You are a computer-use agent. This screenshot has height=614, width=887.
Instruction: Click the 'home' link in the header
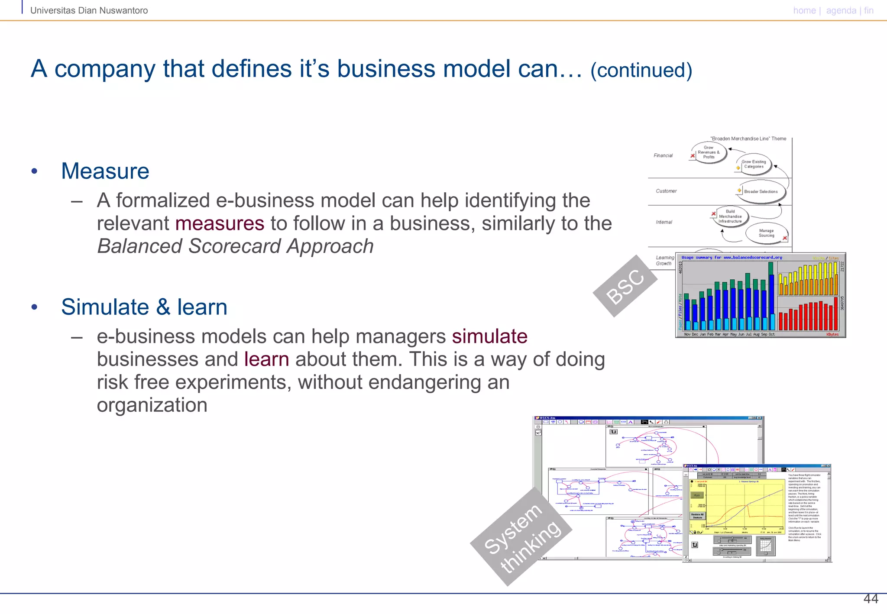click(x=804, y=10)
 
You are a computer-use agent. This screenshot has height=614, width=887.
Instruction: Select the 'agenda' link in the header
click(x=841, y=10)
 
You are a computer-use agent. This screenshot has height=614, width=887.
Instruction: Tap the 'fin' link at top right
click(x=868, y=10)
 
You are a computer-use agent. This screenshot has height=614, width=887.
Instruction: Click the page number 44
click(x=871, y=599)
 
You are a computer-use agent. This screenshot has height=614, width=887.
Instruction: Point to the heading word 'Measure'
click(x=105, y=171)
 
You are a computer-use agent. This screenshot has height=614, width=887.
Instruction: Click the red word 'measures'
click(x=220, y=223)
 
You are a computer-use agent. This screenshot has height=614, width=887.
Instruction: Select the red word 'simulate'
click(x=489, y=336)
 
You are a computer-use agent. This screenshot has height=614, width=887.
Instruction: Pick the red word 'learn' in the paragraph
click(x=266, y=359)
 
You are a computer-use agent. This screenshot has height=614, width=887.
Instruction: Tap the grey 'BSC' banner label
click(x=625, y=286)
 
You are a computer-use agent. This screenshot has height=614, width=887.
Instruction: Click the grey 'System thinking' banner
click(x=521, y=537)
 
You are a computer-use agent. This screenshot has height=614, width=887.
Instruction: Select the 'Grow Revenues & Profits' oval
click(x=709, y=152)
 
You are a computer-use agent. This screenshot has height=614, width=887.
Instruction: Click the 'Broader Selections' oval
click(x=761, y=191)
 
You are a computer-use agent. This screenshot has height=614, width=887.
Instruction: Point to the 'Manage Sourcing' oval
click(x=766, y=233)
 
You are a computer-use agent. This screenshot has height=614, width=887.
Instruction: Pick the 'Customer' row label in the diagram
click(x=666, y=191)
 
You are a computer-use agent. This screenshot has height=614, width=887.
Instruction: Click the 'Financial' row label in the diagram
click(x=663, y=155)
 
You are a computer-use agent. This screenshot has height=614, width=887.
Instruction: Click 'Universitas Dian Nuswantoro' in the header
click(x=89, y=10)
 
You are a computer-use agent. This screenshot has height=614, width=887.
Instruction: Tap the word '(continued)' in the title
click(x=641, y=71)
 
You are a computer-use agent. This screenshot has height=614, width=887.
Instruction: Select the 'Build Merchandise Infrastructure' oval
click(x=730, y=217)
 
